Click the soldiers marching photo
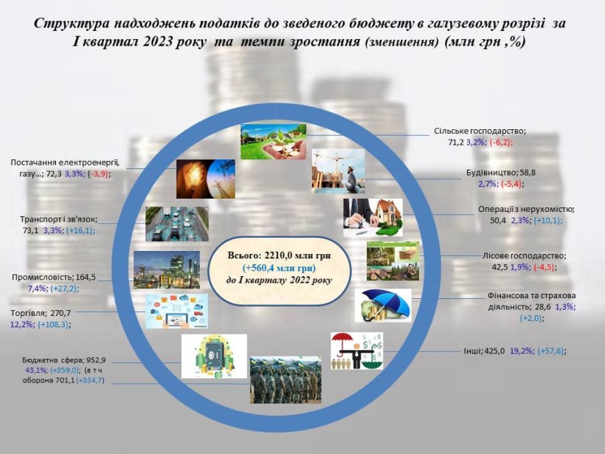(x=286, y=380)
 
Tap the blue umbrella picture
(x=383, y=306)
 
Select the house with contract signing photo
(x=373, y=217)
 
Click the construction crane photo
(x=339, y=171)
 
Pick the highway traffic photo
(x=177, y=224)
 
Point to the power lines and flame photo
(x=206, y=179)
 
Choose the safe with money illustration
(x=214, y=357)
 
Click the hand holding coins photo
(x=273, y=141)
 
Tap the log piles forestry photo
(x=393, y=261)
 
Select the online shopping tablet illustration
(x=177, y=312)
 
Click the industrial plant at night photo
(x=167, y=270)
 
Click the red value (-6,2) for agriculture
(x=501, y=142)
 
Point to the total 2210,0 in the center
(x=279, y=255)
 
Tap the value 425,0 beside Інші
(x=494, y=351)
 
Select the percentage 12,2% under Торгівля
(x=21, y=324)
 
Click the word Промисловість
(x=43, y=277)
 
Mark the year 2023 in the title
(x=157, y=41)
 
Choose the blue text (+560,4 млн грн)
(x=279, y=268)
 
